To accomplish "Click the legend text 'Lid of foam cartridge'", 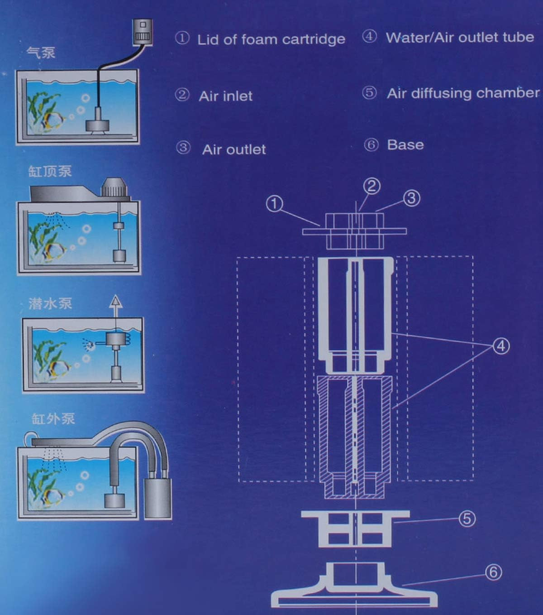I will (x=271, y=39).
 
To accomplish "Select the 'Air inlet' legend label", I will (x=225, y=96).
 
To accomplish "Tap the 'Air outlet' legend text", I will (x=233, y=149).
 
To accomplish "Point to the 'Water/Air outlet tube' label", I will (x=459, y=38).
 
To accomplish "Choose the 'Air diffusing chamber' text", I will (x=462, y=93).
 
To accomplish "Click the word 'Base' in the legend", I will (x=405, y=145).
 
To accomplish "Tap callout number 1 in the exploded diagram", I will (x=274, y=204).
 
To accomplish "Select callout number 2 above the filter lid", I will (x=372, y=186).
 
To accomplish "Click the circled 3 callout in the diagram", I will (x=411, y=198).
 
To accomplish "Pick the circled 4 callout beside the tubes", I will (x=500, y=346).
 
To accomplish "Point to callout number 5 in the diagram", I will (x=467, y=519).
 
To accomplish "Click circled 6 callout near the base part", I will (x=494, y=572).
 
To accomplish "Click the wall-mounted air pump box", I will (x=143, y=32).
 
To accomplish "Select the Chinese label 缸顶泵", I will (x=50, y=171).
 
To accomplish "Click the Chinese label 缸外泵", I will (x=53, y=418).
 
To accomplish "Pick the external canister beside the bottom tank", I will (x=158, y=497).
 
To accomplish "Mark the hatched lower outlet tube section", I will (x=355, y=435).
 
